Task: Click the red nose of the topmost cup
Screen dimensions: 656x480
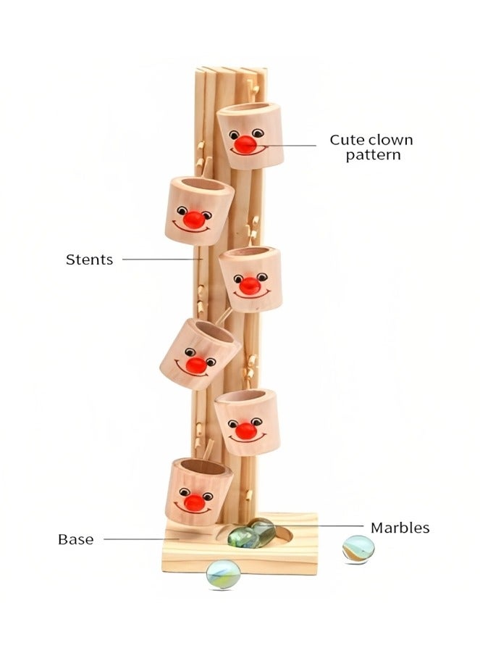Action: click(246, 144)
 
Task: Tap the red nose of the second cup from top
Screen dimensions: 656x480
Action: click(194, 218)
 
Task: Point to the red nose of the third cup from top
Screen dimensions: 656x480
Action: click(250, 286)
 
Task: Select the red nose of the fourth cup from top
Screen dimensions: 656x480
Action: click(195, 365)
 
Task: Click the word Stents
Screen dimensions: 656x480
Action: click(89, 260)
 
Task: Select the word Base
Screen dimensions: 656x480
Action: click(75, 539)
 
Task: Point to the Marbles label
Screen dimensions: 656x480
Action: click(400, 528)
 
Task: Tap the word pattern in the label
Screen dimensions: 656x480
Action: click(373, 154)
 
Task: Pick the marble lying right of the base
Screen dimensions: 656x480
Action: click(358, 548)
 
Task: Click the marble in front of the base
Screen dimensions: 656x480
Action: click(222, 574)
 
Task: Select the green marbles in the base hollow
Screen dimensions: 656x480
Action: click(250, 533)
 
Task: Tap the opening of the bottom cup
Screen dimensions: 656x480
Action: click(198, 468)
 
